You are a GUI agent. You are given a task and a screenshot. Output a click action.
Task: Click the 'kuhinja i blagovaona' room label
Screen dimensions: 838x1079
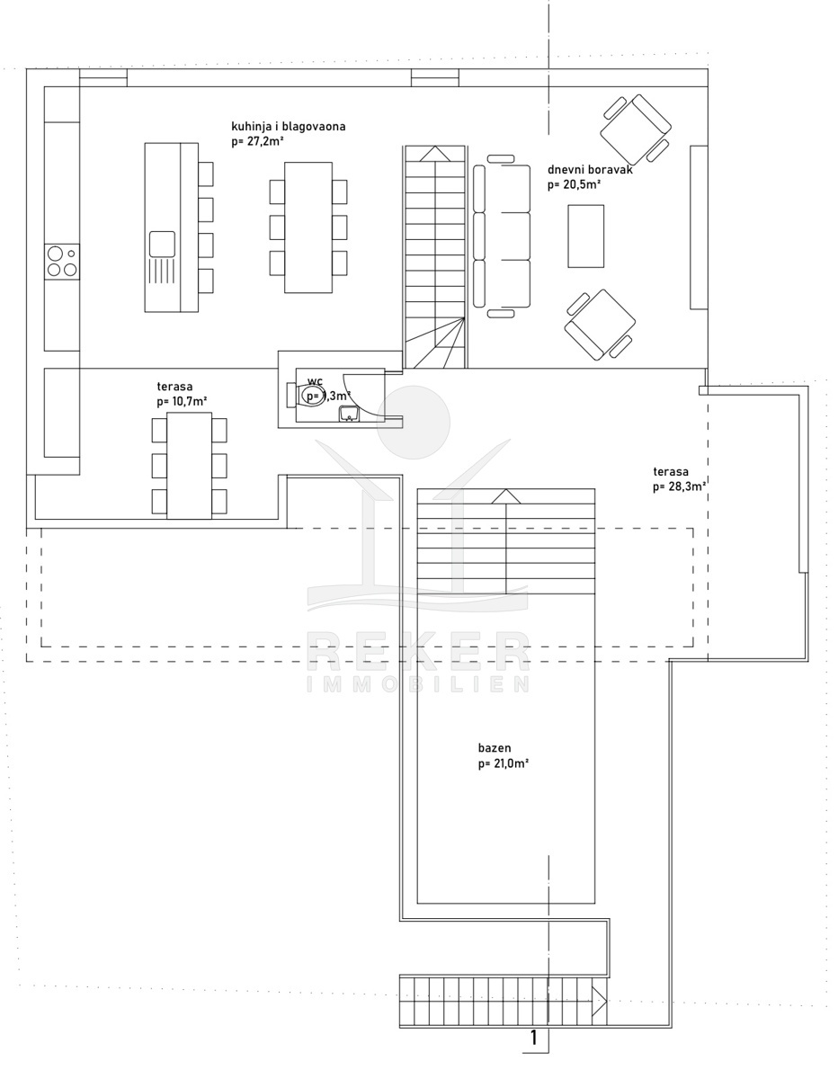[289, 127]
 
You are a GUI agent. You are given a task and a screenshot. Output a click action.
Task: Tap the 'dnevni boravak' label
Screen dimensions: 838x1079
[590, 170]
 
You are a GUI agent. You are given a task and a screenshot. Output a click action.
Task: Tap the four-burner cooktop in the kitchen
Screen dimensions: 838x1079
[62, 261]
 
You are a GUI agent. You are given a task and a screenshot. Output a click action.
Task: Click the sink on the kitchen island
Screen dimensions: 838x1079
[162, 245]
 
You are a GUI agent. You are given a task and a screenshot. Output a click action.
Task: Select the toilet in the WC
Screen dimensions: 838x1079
[306, 395]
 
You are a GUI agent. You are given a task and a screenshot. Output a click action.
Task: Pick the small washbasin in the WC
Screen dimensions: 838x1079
[350, 414]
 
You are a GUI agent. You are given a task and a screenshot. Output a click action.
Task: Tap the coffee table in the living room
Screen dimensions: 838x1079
[586, 236]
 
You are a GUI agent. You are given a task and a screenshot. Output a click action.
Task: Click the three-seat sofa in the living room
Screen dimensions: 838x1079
[502, 236]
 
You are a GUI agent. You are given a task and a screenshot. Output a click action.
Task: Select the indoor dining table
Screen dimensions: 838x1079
[308, 227]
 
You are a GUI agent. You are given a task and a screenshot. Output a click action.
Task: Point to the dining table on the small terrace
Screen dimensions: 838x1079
[189, 466]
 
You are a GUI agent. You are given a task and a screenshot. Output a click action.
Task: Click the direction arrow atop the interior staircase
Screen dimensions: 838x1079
[435, 154]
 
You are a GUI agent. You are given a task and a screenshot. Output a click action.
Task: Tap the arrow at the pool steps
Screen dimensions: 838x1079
[506, 496]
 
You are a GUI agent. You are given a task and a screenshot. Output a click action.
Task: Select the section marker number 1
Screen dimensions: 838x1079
[534, 1038]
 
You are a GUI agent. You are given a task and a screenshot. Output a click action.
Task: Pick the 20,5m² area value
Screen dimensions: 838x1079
[575, 185]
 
